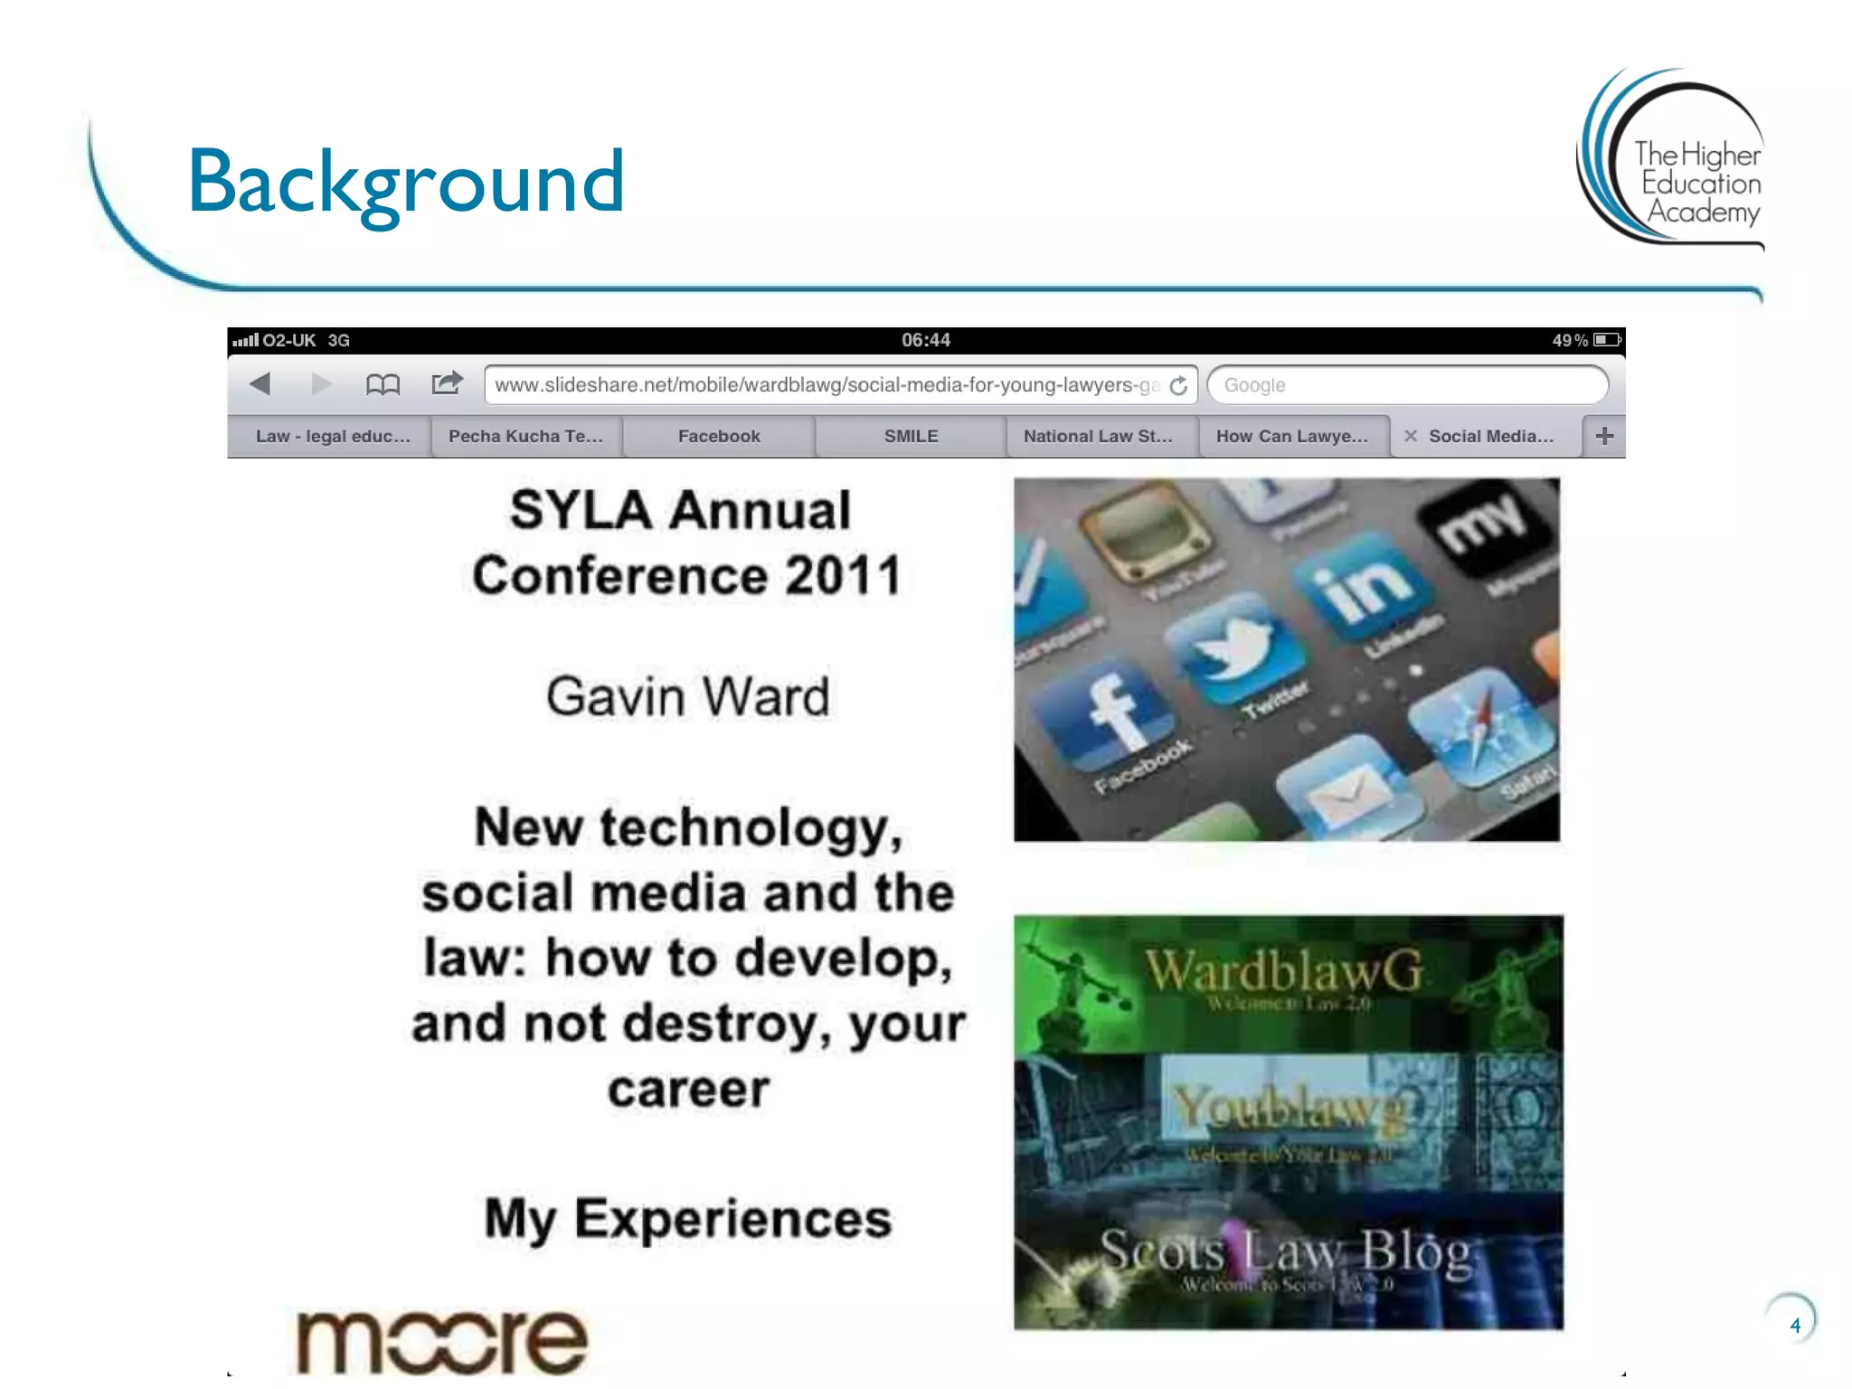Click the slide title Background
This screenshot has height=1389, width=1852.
pos(405,183)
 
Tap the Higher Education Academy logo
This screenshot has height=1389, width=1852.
pos(1673,158)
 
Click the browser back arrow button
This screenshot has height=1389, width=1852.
pos(260,384)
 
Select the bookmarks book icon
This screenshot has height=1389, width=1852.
pos(383,385)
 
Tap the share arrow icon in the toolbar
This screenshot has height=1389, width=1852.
pos(447,383)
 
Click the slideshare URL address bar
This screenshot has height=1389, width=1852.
pos(827,385)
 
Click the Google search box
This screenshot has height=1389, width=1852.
pos(1407,385)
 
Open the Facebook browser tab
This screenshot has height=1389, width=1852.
pos(719,436)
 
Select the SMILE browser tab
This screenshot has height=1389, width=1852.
pos(911,436)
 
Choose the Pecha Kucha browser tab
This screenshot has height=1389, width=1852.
pos(525,436)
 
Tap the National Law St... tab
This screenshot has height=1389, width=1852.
pos(1098,436)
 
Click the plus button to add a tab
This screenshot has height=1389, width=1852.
pos(1604,436)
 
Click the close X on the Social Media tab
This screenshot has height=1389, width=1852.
pos(1410,436)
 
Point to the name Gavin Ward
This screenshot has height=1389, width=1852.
pos(687,697)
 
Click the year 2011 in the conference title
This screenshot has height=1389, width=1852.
pos(843,575)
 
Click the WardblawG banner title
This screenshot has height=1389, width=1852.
pos(1284,971)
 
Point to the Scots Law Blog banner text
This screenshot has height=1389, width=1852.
pos(1286,1252)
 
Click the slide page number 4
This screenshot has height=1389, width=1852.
pos(1795,1326)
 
